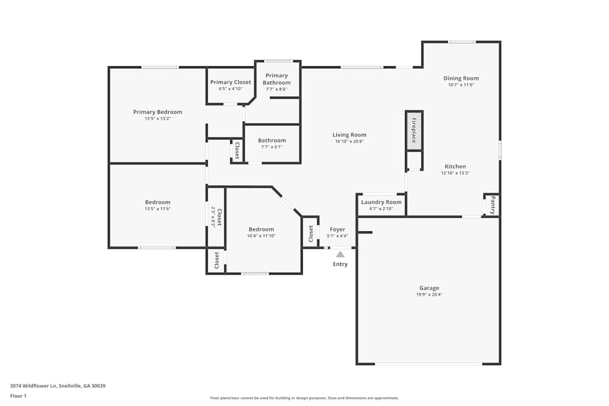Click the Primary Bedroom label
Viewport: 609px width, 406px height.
click(x=158, y=112)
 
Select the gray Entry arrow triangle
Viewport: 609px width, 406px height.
click(x=340, y=254)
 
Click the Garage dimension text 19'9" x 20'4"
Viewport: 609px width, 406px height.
click(x=429, y=295)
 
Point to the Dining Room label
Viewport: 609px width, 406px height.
click(x=461, y=78)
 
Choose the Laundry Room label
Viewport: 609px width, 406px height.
click(x=381, y=202)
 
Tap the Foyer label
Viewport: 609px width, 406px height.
click(x=337, y=229)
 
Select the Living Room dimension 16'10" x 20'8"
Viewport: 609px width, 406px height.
click(x=350, y=141)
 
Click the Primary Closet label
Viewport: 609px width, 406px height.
click(x=230, y=82)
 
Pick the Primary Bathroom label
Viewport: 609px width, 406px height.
click(x=276, y=79)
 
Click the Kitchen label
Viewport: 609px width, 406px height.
click(x=455, y=166)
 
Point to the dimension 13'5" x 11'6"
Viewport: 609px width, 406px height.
click(x=158, y=209)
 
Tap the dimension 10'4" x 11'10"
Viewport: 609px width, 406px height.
click(x=261, y=236)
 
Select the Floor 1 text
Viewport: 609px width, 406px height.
click(x=18, y=396)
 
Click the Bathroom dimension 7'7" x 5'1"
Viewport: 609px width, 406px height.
click(x=272, y=147)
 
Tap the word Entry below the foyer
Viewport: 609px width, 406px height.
click(x=340, y=264)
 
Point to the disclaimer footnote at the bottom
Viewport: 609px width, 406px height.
click(x=304, y=398)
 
